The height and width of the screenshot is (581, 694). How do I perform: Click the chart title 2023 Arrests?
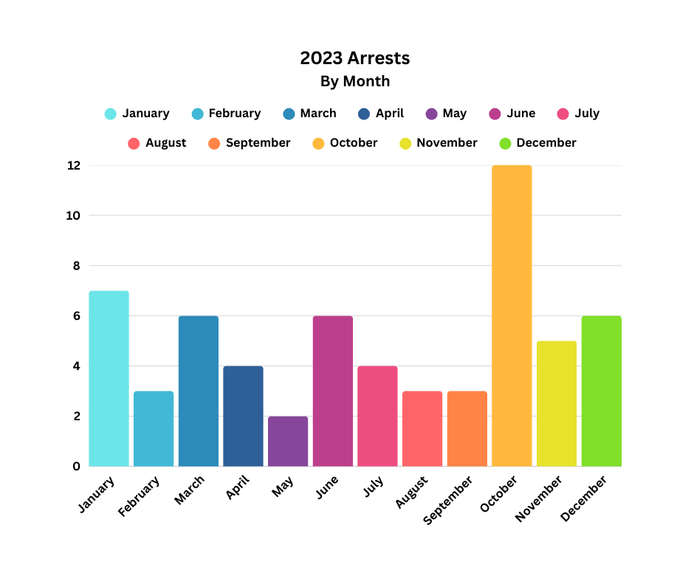pos(354,58)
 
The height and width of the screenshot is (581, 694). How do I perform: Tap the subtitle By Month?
pos(354,81)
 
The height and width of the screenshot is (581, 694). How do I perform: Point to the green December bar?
pos(601,391)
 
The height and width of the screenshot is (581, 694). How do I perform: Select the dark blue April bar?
pos(243,416)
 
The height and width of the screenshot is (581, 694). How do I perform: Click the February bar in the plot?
pos(154,428)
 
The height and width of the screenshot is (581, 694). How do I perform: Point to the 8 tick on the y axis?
pos(75,266)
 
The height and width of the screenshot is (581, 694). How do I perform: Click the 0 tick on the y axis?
pos(76,466)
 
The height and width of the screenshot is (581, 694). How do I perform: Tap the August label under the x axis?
pos(411,492)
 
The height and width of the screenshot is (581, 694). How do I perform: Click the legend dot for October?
pos(318,144)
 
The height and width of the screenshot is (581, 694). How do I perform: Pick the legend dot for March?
pos(289,114)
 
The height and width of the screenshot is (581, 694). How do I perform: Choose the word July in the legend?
pos(587,114)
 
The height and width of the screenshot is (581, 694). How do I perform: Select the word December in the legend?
pos(546,143)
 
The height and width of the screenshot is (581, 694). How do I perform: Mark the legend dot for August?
pos(134,144)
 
